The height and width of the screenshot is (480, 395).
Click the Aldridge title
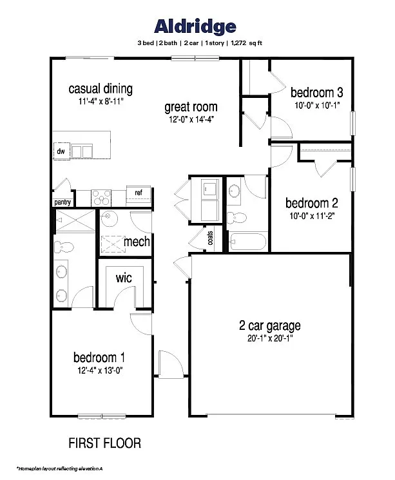195,26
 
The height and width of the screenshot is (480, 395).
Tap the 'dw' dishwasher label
61,151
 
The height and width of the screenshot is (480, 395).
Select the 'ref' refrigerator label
138,193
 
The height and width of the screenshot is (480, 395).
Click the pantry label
63,202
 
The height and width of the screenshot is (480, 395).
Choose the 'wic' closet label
124,278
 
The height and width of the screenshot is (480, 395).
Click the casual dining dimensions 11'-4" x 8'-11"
100,101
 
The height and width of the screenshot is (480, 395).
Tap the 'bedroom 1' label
99,358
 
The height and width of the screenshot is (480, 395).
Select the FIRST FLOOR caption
104,443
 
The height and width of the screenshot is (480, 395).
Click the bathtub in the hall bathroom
247,242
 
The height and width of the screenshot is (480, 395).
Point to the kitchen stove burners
102,195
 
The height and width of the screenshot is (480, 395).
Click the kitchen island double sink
82,151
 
